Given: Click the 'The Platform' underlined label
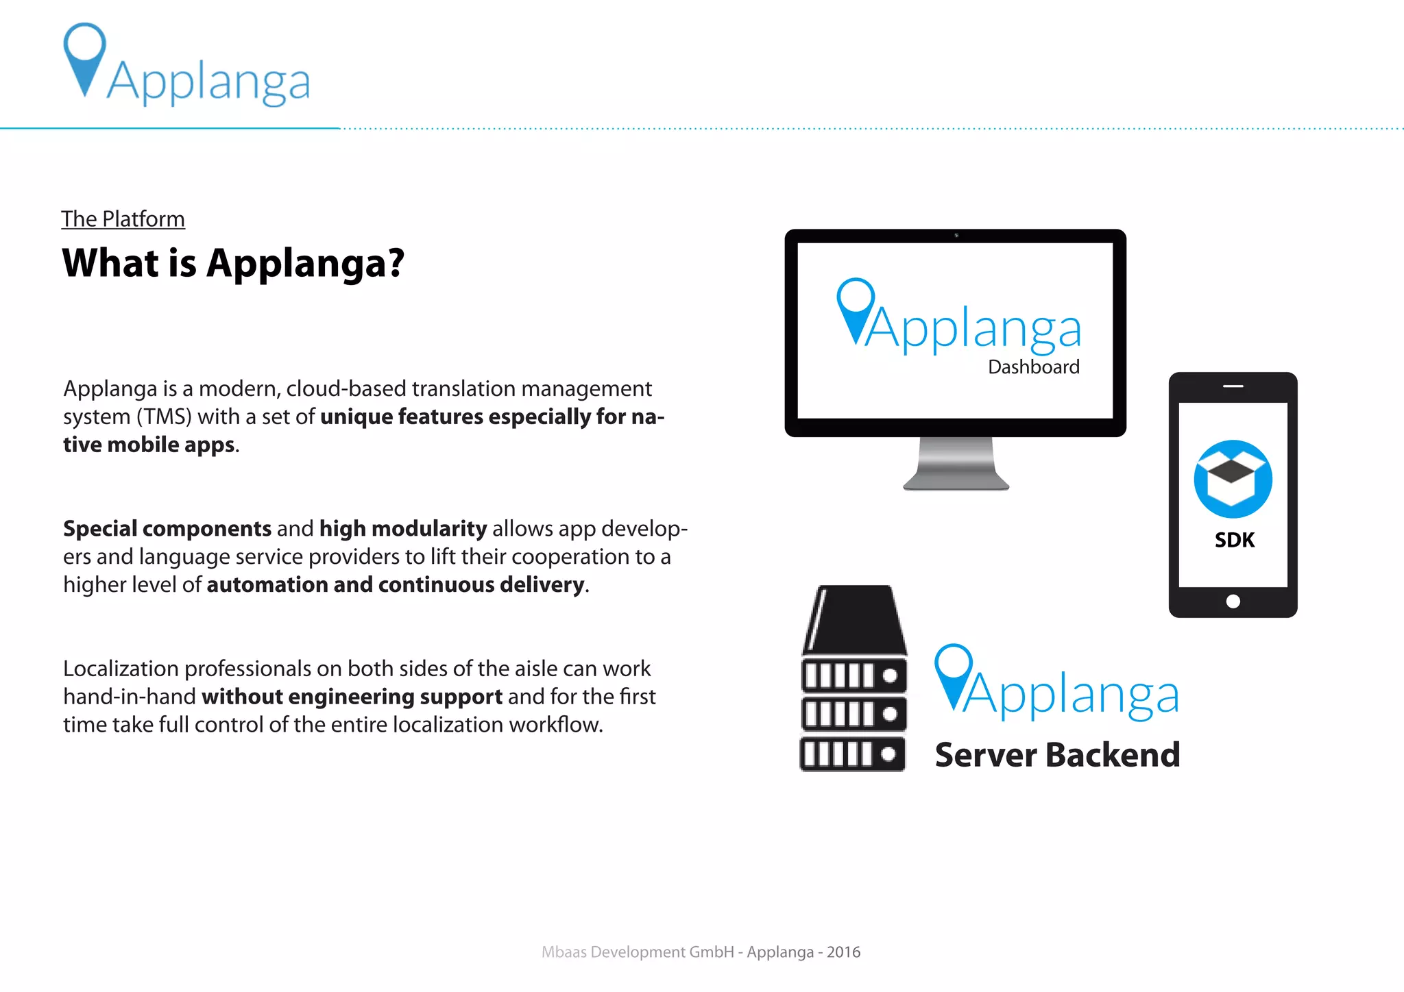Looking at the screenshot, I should click(123, 219).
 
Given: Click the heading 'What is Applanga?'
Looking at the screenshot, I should click(233, 263).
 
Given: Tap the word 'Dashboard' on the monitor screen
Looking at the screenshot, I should click(1033, 367).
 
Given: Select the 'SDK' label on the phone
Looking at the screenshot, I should click(1234, 541).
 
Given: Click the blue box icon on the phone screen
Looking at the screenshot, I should click(1233, 479).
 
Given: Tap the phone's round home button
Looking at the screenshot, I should click(1233, 602).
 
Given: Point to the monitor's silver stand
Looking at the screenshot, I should click(956, 464).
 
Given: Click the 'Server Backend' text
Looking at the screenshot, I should click(1057, 755).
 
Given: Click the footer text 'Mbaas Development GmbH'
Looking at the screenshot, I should click(638, 952).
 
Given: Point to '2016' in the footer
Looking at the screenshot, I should click(843, 952).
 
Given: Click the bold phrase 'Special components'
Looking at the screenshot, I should click(167, 529).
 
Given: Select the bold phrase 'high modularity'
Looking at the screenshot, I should click(403, 529).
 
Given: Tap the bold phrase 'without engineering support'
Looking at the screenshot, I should click(352, 697).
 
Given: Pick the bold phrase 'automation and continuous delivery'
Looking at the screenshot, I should click(396, 585).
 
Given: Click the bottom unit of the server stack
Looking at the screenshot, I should click(853, 754).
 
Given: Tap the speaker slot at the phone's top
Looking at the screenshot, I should click(1233, 386).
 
